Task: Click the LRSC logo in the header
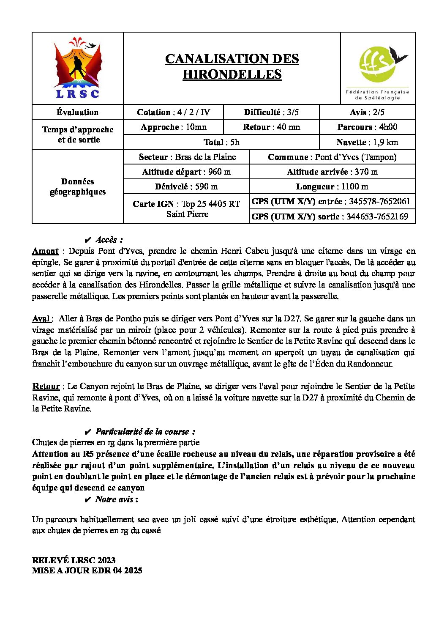coord(78,69)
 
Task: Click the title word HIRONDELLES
coord(232,74)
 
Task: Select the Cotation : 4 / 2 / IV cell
coord(173,112)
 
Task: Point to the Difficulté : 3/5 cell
coord(271,112)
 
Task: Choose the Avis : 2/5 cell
coord(367,112)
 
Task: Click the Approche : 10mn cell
coord(174,127)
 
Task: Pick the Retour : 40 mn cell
coord(271,127)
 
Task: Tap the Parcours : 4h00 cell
coord(367,127)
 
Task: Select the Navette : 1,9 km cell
coord(367,142)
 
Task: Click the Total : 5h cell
coord(221,142)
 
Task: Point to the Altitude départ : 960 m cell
coord(186,172)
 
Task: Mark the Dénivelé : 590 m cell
coord(186,186)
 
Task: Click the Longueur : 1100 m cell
coord(332,186)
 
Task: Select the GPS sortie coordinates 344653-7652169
coord(377,216)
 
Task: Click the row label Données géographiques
coord(78,186)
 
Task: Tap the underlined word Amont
coord(45,251)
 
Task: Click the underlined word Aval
coord(41,318)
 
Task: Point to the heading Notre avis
coord(115,499)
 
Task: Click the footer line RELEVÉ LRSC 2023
coord(74,560)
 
